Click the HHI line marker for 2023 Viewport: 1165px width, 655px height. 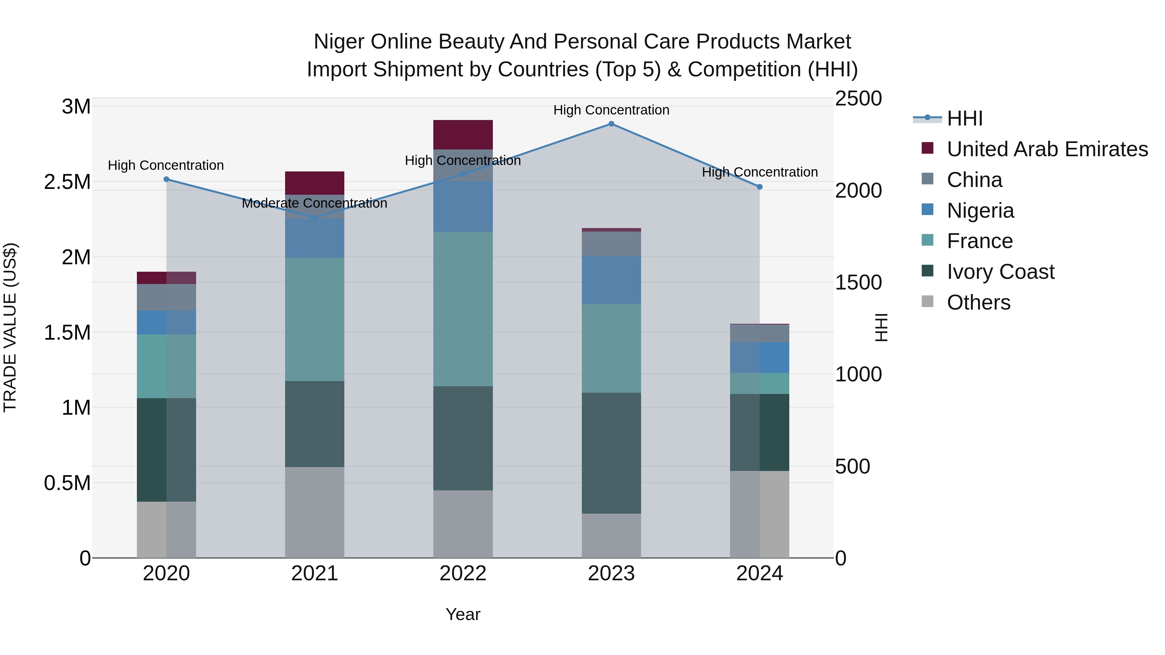(x=611, y=124)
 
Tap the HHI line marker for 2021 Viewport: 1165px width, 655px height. (x=315, y=217)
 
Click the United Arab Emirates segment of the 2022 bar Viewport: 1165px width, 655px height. (x=463, y=135)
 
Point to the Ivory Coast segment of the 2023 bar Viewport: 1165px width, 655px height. (x=611, y=453)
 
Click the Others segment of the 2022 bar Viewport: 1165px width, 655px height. (x=463, y=524)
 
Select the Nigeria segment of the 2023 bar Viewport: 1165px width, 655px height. (x=611, y=280)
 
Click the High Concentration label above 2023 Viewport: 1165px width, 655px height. (x=611, y=110)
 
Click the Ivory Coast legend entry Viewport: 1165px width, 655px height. (x=1000, y=272)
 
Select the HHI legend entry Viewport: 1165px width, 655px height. (x=965, y=118)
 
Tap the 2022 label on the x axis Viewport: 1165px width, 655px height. (x=463, y=573)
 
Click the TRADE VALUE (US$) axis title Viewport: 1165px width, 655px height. (x=10, y=327)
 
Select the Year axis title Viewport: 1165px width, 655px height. (x=463, y=614)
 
